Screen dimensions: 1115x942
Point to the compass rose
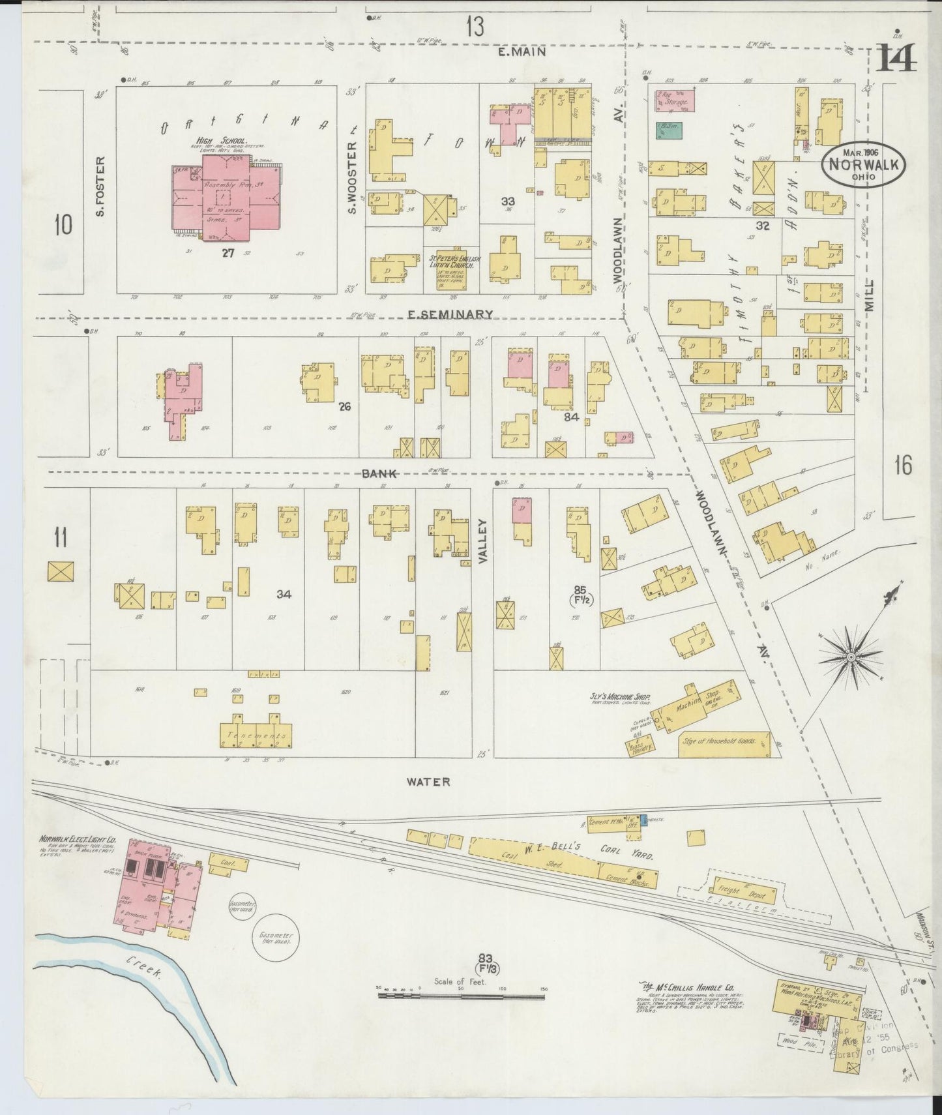850,656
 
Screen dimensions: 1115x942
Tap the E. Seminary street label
449,314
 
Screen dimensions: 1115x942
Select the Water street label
428,781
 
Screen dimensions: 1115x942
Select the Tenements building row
256,734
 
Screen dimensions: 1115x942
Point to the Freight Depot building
747,893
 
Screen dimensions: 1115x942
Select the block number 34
284,594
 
